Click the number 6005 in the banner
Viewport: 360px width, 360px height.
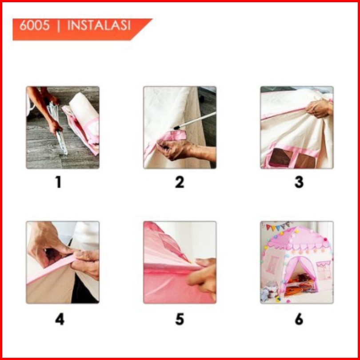click(x=34, y=25)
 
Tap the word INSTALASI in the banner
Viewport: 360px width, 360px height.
click(x=99, y=25)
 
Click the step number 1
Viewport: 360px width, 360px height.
click(x=59, y=182)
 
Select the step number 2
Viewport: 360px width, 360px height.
click(x=180, y=182)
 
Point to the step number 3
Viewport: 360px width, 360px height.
click(x=299, y=182)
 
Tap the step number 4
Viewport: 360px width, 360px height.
click(x=60, y=319)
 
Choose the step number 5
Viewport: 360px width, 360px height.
click(x=180, y=319)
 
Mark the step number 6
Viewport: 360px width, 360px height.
click(x=299, y=319)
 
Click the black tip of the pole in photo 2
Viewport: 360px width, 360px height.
click(x=176, y=128)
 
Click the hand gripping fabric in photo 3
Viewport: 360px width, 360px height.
click(x=319, y=108)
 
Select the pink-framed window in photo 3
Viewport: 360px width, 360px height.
click(x=292, y=157)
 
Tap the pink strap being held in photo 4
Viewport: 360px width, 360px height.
click(x=52, y=269)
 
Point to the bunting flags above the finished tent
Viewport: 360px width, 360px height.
click(x=278, y=226)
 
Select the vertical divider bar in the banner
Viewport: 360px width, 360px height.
click(x=59, y=26)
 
